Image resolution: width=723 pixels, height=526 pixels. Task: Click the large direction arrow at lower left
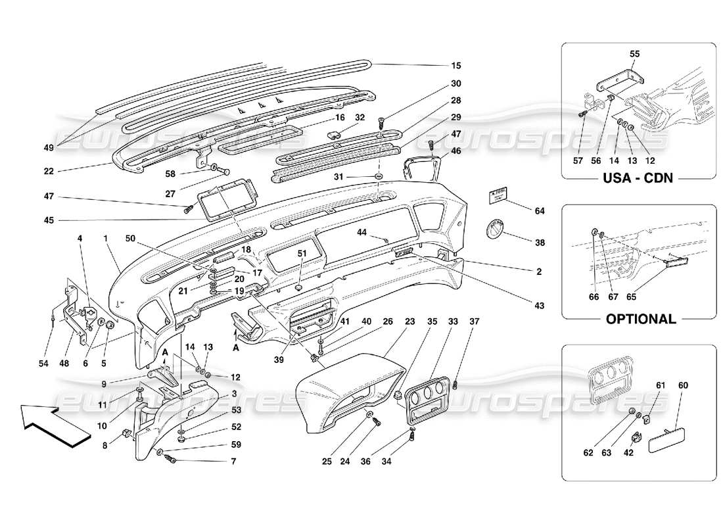pos(53,426)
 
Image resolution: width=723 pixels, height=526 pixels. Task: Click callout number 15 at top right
pos(455,66)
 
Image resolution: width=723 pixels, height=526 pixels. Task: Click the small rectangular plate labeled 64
pos(499,197)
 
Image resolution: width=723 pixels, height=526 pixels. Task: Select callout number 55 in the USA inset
pos(635,55)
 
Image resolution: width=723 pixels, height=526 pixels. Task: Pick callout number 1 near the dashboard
pos(105,237)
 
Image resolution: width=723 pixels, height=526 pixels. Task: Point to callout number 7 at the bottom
pos(214,460)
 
